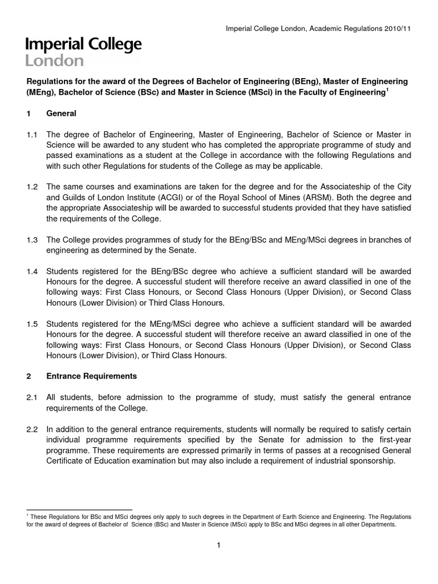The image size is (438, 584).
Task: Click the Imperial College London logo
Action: (83, 52)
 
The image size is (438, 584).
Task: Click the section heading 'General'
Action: (61, 113)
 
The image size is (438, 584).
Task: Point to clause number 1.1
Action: (32, 135)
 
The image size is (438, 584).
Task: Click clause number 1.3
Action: (32, 240)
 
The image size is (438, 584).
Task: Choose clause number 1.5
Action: (32, 324)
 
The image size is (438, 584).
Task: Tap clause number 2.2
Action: (32, 429)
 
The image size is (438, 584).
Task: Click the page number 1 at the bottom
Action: (218, 546)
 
